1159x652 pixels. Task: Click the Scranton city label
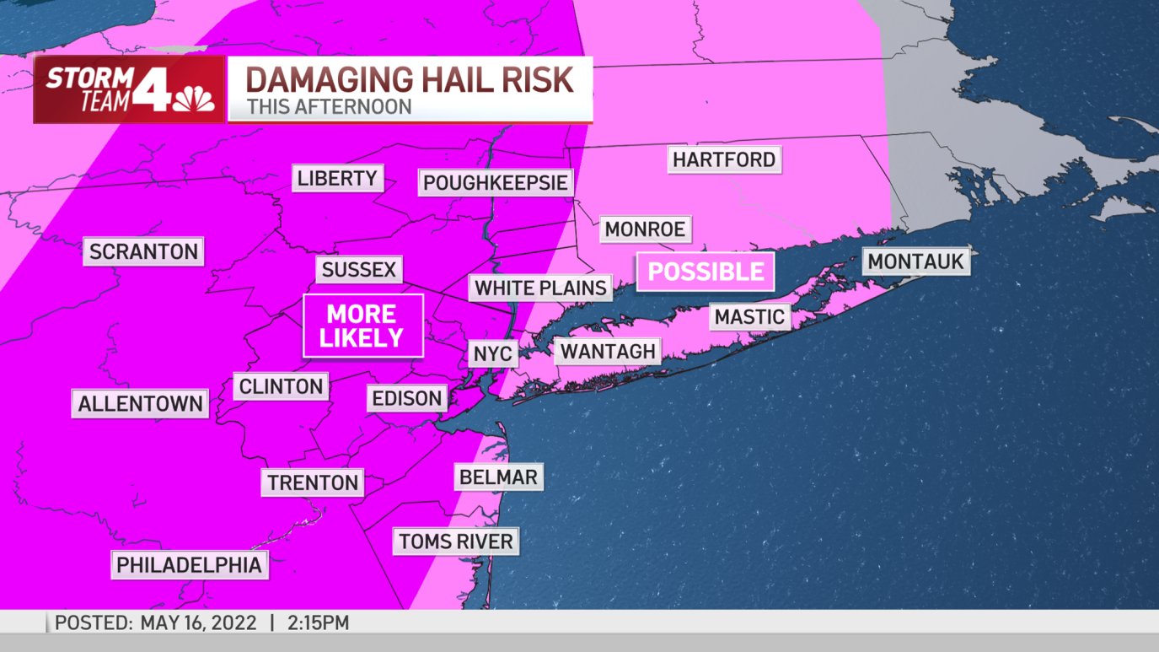tap(143, 251)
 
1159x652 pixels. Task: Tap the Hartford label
tap(723, 159)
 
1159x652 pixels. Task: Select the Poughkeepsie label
tap(496, 183)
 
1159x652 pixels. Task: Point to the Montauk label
tap(915, 261)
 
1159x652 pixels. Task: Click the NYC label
tap(492, 353)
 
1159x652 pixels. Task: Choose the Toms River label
tap(455, 541)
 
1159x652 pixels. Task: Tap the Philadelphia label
tap(190, 564)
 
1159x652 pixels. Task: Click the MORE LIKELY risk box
tap(362, 326)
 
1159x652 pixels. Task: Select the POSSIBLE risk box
tap(705, 272)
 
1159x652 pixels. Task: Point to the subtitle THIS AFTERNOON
tap(329, 108)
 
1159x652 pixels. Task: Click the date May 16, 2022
tap(197, 623)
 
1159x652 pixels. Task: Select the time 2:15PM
tap(318, 623)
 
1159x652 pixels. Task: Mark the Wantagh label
tap(608, 351)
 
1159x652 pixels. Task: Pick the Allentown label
tap(140, 404)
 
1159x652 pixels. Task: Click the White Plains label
tap(540, 288)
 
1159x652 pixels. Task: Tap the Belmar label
tap(498, 477)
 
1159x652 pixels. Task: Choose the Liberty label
tap(337, 178)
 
